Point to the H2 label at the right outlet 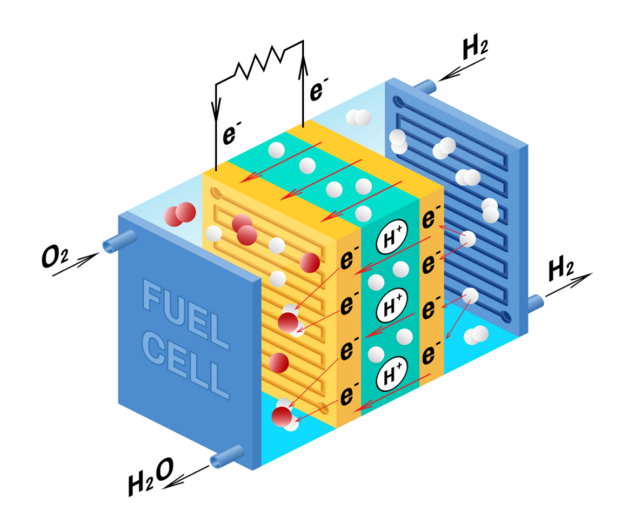561,268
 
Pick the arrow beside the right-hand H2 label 568,286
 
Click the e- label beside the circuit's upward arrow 319,89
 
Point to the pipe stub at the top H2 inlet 424,87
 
